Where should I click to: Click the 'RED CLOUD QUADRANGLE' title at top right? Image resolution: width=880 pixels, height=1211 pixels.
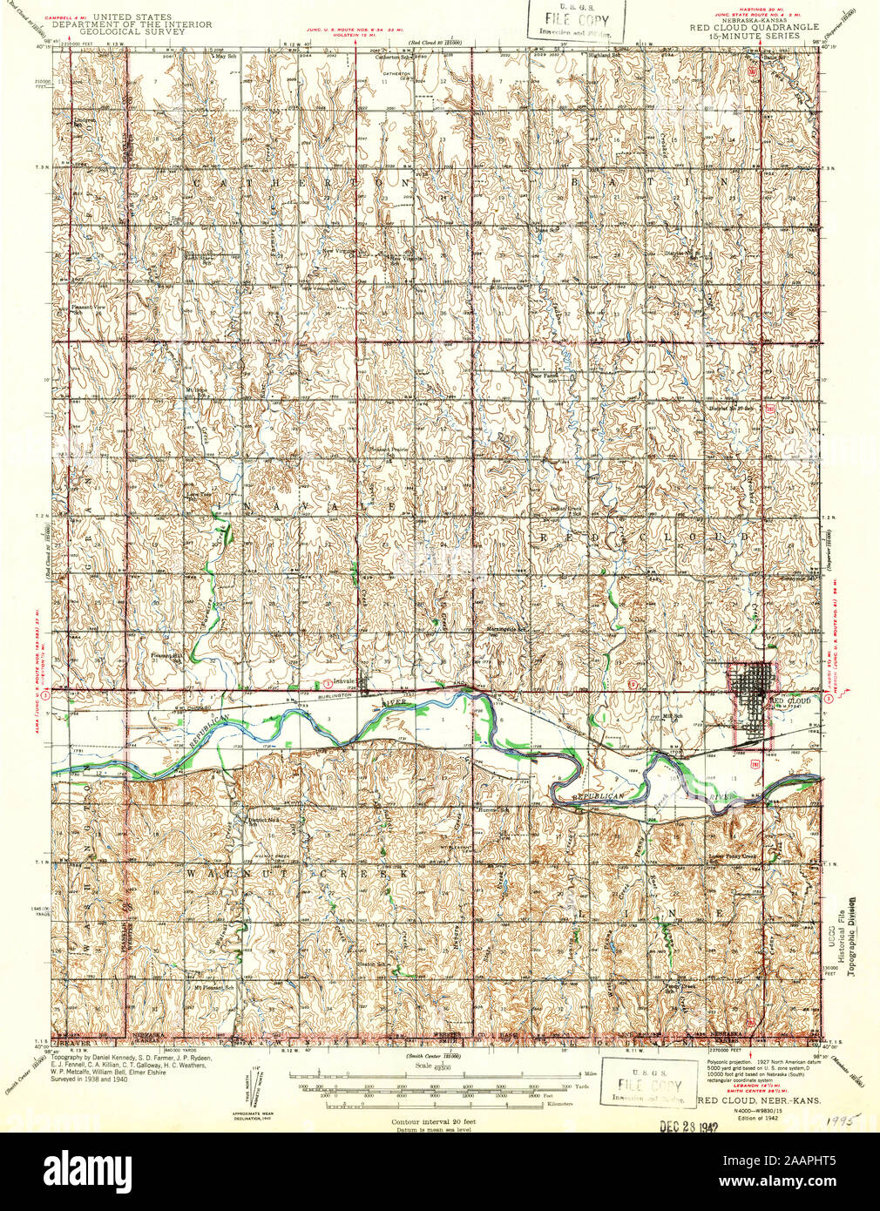754,27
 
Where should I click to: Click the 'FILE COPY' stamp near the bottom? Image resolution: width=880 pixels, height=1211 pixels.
644,1085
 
